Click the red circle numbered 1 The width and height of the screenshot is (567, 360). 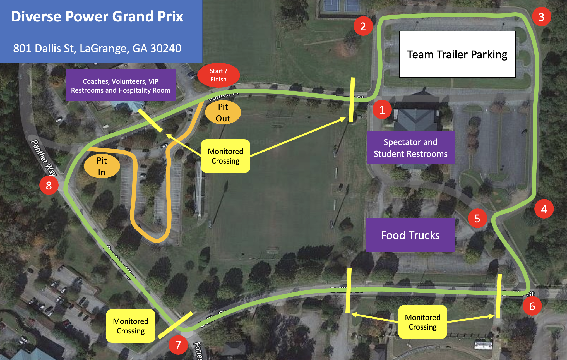382,110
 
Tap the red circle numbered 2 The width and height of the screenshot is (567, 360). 363,26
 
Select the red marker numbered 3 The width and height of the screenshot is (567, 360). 541,17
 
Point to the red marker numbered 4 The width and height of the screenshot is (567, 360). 544,209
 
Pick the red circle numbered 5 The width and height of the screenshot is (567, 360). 477,218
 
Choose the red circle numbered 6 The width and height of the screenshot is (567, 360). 532,306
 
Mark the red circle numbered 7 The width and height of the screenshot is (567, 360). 178,345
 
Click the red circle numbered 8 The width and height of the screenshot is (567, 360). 49,185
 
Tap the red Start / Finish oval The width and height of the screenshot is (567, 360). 218,75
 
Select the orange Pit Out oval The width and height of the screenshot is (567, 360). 223,112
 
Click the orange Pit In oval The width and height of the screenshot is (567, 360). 102,166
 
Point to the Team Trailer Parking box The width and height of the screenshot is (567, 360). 457,54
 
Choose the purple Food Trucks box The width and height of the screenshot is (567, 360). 410,235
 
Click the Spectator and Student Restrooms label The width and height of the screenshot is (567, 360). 410,148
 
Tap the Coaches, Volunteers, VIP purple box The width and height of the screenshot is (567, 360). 121,85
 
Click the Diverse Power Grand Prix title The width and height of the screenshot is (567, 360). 97,16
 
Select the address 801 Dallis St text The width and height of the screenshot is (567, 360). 97,48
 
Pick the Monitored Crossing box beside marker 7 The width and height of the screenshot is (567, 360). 131,326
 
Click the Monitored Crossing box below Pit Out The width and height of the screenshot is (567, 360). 225,156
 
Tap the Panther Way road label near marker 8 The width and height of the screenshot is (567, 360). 44,158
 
